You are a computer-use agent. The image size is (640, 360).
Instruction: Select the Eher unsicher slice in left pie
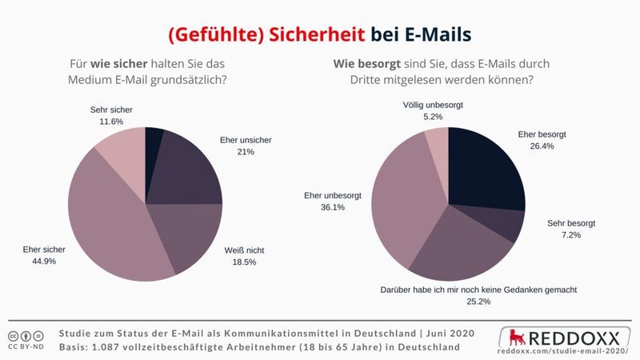point(188,172)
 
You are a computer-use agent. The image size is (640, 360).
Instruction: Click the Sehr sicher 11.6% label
point(106,114)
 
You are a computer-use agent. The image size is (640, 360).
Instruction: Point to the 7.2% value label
point(571,236)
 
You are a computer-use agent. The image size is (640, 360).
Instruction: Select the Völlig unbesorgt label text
point(433,105)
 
